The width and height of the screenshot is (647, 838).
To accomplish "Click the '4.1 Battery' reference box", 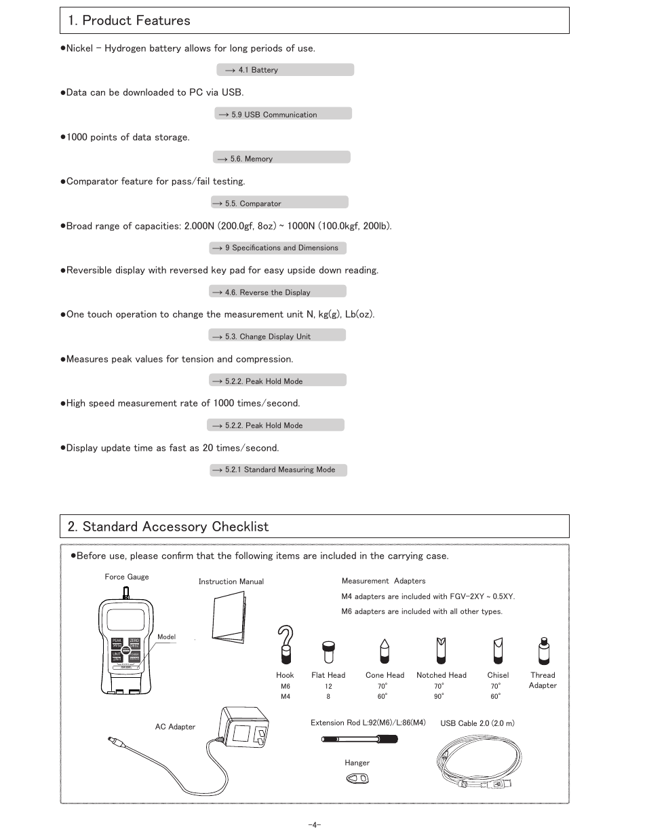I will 285,70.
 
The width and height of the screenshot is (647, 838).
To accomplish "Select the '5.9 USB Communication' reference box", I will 283,114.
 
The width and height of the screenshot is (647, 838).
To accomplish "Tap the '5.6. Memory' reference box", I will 281,158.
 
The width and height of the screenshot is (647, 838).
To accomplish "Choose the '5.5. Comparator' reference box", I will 279,203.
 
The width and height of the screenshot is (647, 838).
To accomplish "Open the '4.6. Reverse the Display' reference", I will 277,292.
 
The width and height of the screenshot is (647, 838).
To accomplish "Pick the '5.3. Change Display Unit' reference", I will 277,336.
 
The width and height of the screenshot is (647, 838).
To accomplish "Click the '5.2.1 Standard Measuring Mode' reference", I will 278,470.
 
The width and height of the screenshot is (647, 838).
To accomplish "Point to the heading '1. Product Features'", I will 129,20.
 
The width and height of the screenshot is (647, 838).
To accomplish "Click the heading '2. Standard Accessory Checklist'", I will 168,527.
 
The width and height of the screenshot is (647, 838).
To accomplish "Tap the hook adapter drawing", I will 286,644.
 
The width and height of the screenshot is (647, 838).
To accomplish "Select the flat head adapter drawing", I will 328,652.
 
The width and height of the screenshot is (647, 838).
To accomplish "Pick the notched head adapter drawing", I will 442,651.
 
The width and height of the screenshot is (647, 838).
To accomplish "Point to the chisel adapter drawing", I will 498,651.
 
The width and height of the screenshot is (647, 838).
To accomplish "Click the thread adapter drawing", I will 543,651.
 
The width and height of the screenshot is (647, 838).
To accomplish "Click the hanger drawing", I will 357,779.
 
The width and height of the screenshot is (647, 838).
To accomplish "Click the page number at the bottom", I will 314,825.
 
